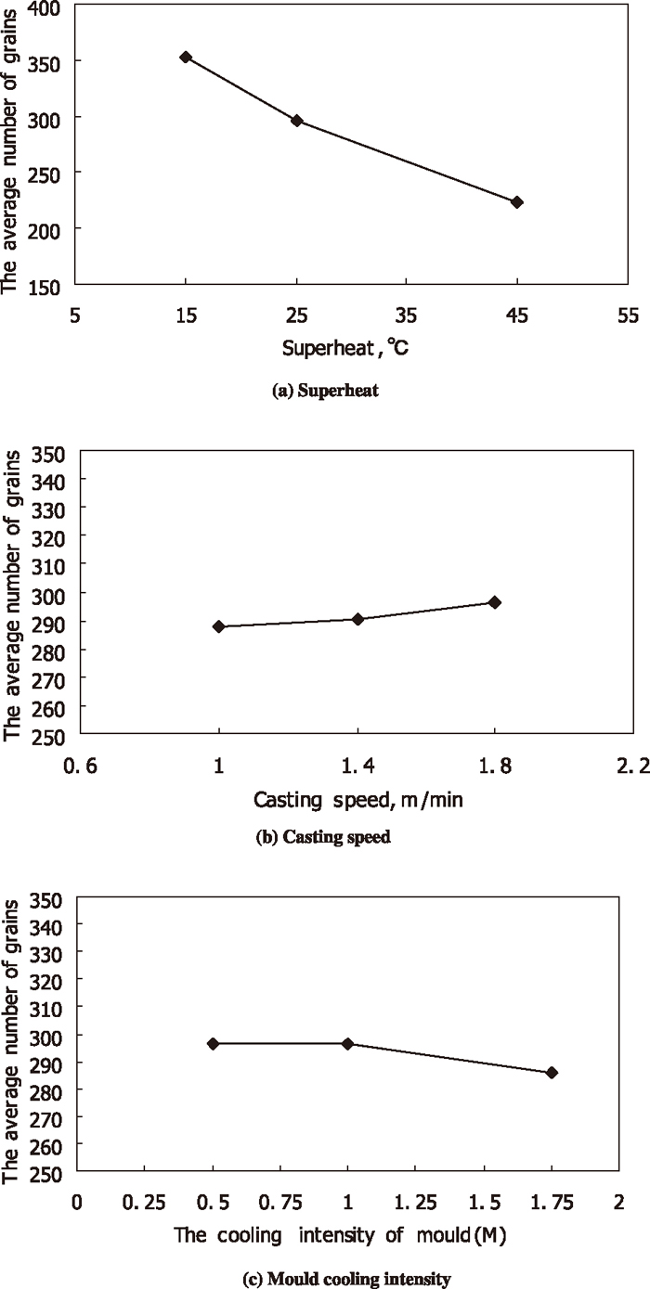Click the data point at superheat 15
(186, 58)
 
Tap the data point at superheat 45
(517, 202)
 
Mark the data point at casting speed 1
(219, 626)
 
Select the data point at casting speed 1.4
(357, 619)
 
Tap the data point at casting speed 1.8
(495, 602)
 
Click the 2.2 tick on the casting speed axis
(632, 767)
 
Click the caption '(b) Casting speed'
(323, 836)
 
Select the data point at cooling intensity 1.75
(552, 1072)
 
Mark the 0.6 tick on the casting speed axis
(82, 767)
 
